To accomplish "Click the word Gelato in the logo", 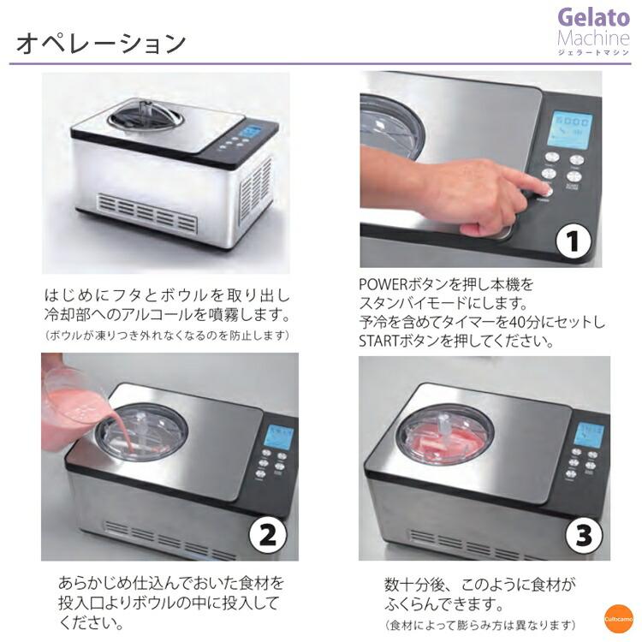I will (x=593, y=17).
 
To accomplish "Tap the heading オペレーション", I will (x=101, y=42).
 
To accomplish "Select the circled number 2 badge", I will (x=266, y=535).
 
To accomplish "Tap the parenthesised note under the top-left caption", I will (x=166, y=335).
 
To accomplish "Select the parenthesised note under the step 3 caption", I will (x=480, y=624).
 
